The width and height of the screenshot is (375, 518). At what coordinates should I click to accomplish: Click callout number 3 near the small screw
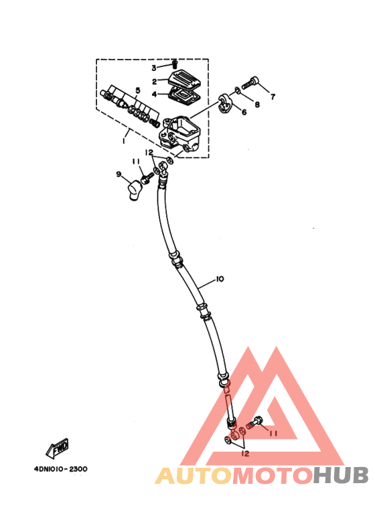[154, 68]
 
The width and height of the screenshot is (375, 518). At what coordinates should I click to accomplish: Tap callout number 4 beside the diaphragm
[154, 94]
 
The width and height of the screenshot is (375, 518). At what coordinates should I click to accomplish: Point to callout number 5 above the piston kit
[138, 90]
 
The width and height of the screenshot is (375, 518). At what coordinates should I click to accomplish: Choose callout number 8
[257, 105]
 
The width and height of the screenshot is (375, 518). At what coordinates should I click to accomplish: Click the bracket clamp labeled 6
[225, 103]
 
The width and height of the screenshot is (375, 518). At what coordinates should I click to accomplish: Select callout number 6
[244, 113]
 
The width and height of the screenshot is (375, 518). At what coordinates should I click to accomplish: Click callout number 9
[119, 174]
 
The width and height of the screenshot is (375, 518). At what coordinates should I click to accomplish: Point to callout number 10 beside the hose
[220, 279]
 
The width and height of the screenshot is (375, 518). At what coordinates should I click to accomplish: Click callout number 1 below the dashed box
[124, 141]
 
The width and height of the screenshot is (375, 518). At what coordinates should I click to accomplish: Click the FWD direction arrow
[58, 448]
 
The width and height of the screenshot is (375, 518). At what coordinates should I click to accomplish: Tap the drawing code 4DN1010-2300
[61, 469]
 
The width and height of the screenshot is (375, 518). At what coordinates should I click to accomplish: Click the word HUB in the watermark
[341, 475]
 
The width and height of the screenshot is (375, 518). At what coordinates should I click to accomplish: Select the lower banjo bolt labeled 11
[254, 423]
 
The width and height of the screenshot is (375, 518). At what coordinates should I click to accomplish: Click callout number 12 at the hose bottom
[245, 454]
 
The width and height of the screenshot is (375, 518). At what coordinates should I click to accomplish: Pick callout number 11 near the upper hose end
[136, 161]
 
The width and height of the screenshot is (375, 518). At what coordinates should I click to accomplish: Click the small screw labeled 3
[175, 64]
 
